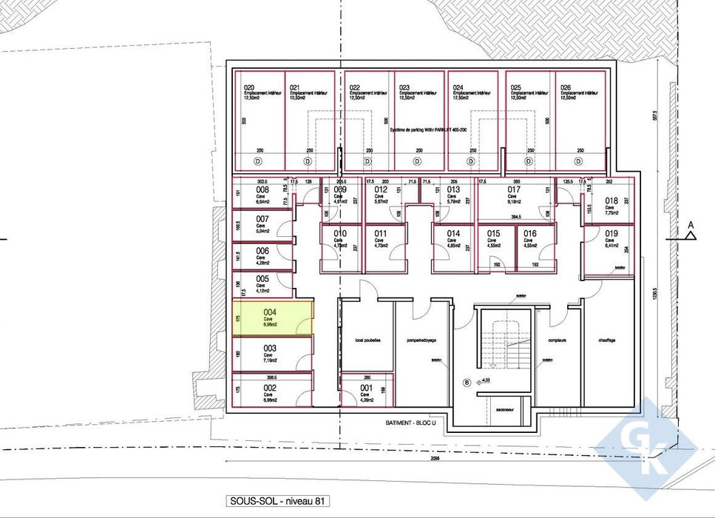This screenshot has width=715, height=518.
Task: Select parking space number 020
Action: [x=249, y=87]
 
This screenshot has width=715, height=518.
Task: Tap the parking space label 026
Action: [x=566, y=87]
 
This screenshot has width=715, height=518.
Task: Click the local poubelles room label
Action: [x=367, y=340]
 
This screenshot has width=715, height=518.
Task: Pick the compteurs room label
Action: [x=557, y=340]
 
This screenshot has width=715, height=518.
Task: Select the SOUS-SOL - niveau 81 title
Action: [x=278, y=501]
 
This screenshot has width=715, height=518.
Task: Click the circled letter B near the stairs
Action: [x=466, y=383]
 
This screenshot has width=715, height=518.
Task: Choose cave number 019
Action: [x=611, y=234]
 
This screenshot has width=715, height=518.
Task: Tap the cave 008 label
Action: [x=262, y=190]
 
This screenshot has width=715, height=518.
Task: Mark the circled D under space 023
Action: [x=417, y=161]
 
